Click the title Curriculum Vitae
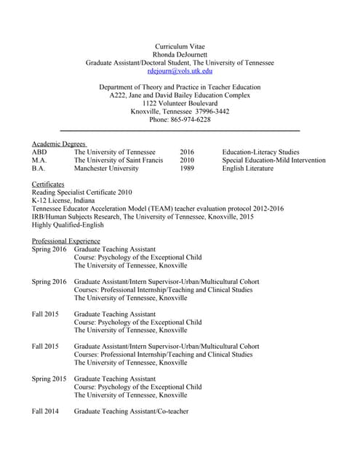[x=180, y=46]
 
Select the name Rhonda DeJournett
[x=180, y=54]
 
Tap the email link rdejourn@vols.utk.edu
[x=180, y=71]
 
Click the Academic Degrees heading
[x=59, y=144]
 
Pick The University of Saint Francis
[x=119, y=160]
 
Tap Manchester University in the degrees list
[x=106, y=169]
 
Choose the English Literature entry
[x=248, y=169]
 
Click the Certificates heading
[x=48, y=185]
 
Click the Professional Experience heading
[x=66, y=240]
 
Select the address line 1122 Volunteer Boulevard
[x=180, y=103]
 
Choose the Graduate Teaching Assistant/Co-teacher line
[x=132, y=412]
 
